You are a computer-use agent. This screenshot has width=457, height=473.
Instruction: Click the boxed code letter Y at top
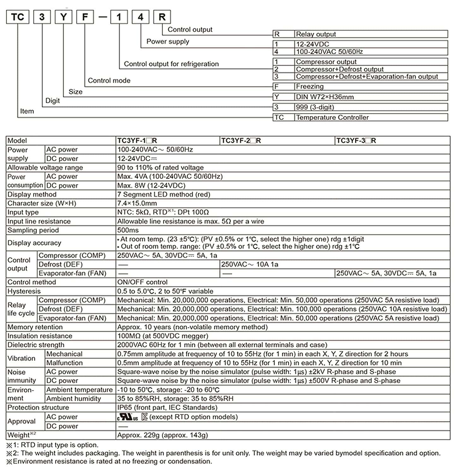[x=63, y=17]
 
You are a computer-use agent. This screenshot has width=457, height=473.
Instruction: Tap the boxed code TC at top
[x=18, y=17]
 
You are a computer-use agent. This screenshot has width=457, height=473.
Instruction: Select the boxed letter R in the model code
[x=162, y=17]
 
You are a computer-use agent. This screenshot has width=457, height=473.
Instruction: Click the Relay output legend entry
[x=316, y=34]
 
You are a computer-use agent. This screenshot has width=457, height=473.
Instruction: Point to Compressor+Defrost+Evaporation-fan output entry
[x=367, y=77]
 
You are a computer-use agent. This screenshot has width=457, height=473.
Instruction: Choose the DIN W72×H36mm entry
[x=324, y=97]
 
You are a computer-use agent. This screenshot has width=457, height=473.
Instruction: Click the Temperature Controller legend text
[x=332, y=117]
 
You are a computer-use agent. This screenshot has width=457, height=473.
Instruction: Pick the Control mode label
[x=109, y=80]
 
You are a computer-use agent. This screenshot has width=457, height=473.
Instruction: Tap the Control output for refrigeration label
[x=171, y=64]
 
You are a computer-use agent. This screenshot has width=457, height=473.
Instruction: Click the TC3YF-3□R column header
[x=356, y=141]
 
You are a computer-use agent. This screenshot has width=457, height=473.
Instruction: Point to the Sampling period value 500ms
[x=128, y=230]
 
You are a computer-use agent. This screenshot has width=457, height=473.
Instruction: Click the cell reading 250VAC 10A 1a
[x=250, y=264]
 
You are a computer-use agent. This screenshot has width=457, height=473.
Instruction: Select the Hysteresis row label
[x=24, y=291]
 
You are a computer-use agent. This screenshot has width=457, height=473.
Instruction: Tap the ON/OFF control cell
[x=142, y=282]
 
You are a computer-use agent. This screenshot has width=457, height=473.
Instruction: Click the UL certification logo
[x=128, y=417]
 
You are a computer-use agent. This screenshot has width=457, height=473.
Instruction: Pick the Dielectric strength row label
[x=36, y=345]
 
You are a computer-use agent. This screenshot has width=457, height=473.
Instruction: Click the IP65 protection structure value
[x=167, y=407]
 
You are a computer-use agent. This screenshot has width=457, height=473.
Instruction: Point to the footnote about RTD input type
[x=52, y=445]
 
